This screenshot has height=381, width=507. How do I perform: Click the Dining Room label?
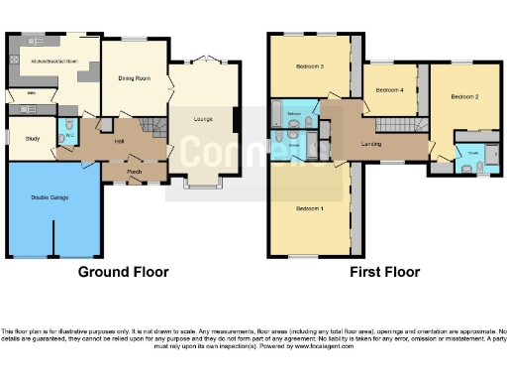pos(135,78)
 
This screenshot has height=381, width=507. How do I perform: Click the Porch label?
pos(134,171)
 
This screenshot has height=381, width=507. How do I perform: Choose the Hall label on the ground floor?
pos(120,141)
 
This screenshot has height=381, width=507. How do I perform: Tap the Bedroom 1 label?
pos(310,208)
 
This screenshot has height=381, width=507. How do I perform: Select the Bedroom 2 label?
pos(465,97)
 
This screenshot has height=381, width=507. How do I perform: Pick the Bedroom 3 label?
pos(310,66)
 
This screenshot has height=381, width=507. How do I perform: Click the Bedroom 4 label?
pos(388,90)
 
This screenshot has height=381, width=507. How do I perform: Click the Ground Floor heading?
pos(123,272)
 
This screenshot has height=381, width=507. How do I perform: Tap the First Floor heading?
pos(385,272)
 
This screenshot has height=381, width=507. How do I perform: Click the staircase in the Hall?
pos(150,126)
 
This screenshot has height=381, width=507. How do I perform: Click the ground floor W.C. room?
pos(66,131)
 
